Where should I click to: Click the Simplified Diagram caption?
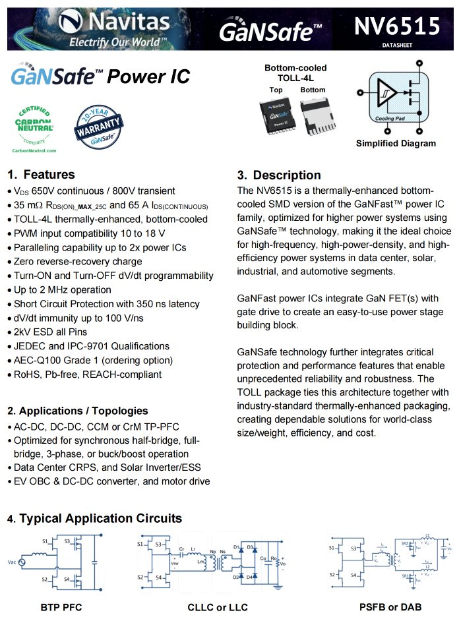click(396, 144)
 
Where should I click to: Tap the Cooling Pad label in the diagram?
click(390, 119)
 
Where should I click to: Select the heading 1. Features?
click(41, 175)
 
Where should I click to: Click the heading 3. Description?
click(279, 175)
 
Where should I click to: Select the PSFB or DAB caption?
click(390, 607)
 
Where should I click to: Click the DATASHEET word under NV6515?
click(396, 45)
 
